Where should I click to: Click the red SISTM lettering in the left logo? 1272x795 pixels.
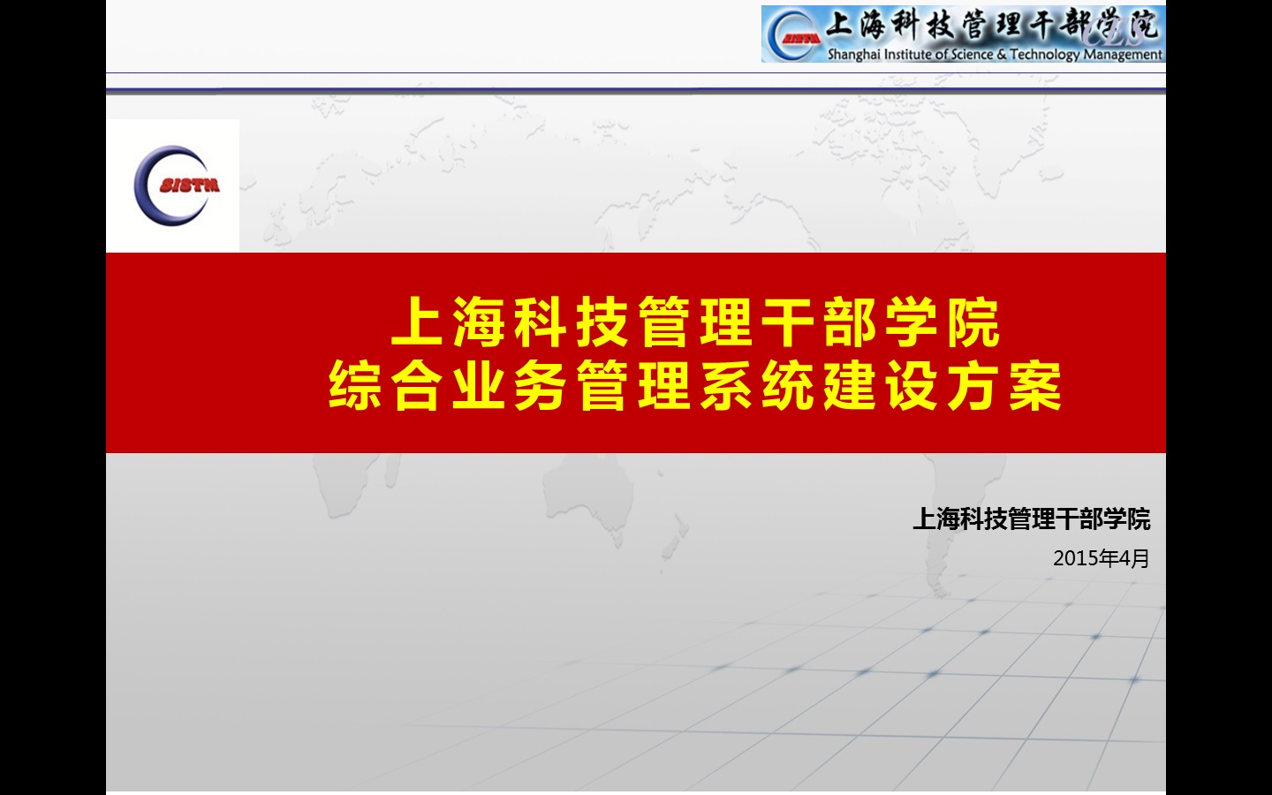(x=190, y=185)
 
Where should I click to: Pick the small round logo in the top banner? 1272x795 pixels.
(x=793, y=34)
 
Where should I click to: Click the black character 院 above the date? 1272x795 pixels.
(x=1139, y=519)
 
